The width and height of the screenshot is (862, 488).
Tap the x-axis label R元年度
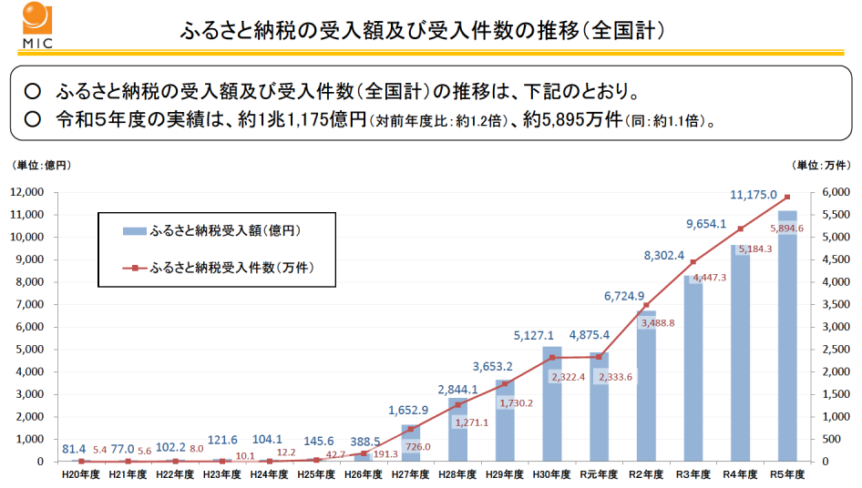pos(599,474)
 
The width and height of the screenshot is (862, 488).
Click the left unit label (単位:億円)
pos(42,164)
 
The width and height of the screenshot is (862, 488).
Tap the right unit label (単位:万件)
pos(823,164)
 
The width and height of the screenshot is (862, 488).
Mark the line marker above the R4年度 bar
pos(740,229)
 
